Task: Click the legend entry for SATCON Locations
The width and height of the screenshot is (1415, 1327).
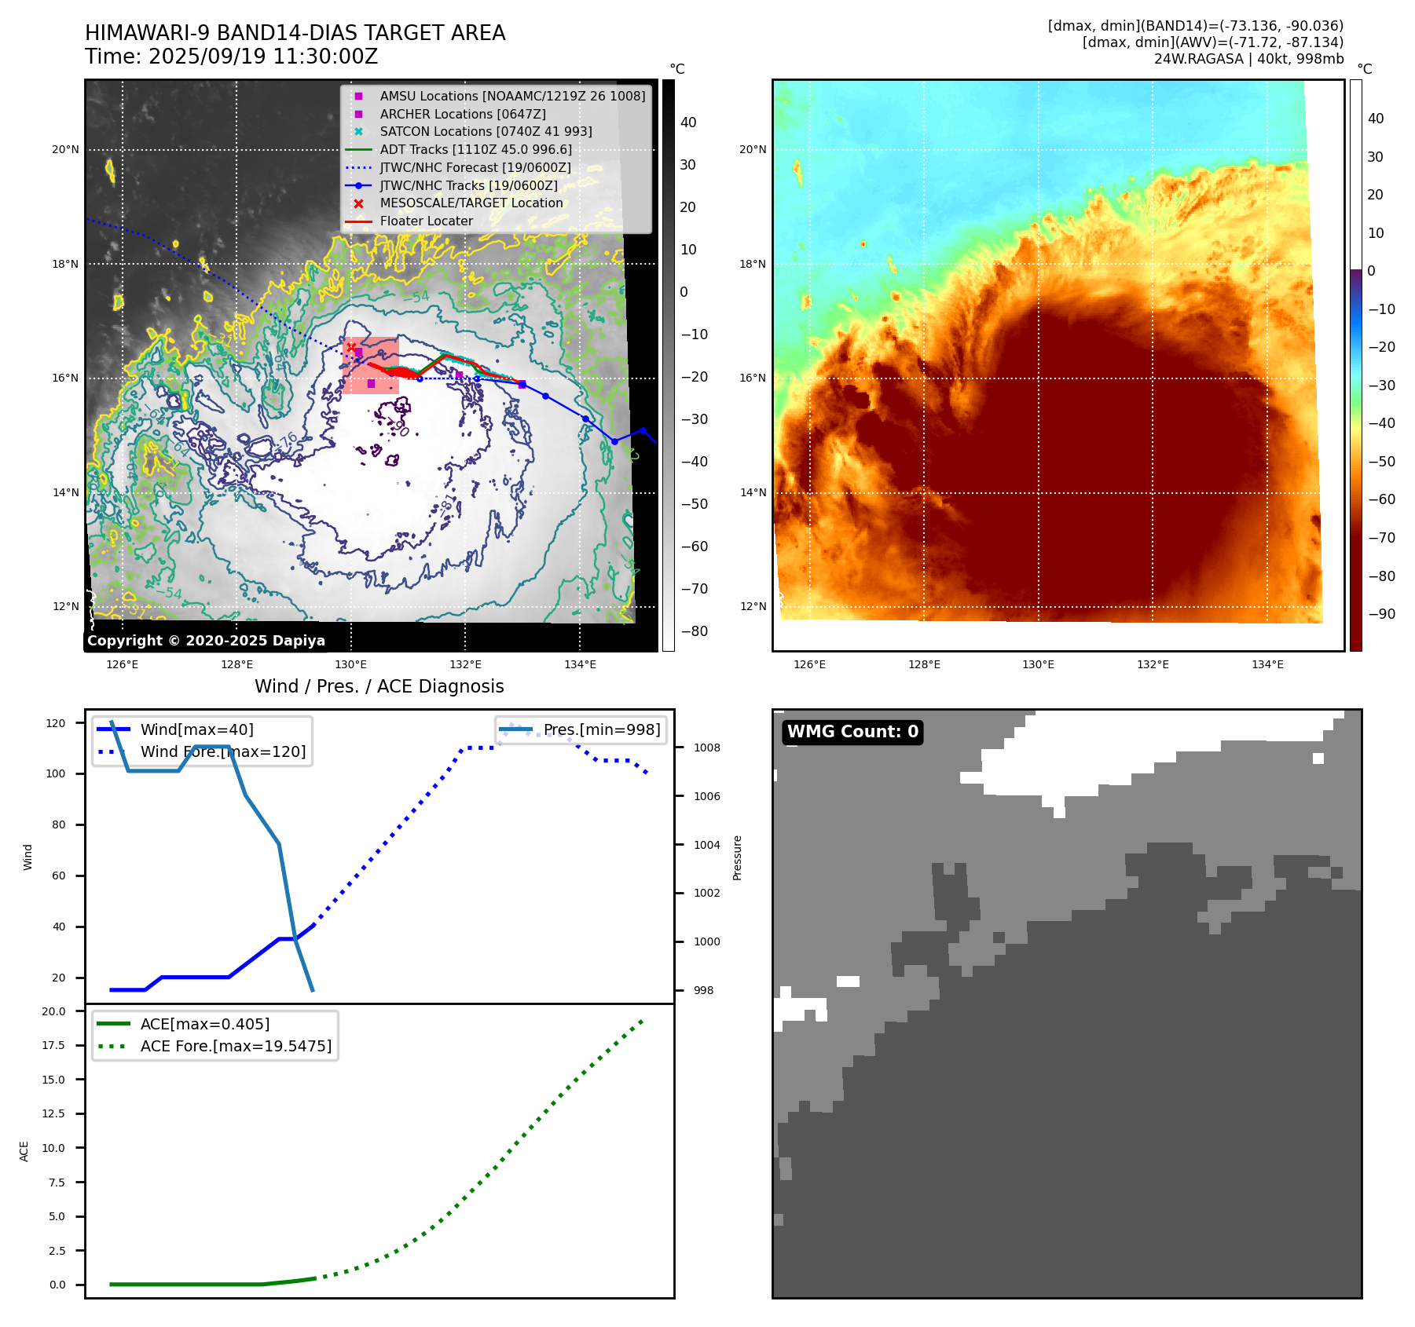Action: pos(486,132)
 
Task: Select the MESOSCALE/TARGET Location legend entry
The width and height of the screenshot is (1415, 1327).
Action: pos(471,203)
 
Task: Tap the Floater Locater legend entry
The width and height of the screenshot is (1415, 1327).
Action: pos(426,221)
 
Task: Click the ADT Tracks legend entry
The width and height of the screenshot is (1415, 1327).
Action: pos(475,150)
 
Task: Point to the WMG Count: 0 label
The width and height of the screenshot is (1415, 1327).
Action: pos(852,732)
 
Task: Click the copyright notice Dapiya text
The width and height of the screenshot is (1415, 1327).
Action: pos(206,641)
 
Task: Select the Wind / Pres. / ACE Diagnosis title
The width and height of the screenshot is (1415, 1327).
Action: pos(379,687)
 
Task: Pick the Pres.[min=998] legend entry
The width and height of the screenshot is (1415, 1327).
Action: pos(601,730)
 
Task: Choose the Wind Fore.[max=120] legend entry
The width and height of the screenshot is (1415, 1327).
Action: pos(223,752)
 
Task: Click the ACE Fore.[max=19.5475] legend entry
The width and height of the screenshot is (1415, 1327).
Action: pos(236,1047)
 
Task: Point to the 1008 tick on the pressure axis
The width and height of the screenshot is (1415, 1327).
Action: pos(706,748)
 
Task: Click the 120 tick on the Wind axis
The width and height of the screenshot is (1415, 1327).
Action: pos(56,723)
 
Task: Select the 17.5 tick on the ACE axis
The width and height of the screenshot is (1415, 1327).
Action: pos(53,1046)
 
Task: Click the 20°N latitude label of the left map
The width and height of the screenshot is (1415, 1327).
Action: pos(65,150)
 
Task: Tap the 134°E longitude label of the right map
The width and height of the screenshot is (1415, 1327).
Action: pos(1267,665)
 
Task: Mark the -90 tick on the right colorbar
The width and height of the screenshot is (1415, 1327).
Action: pos(1381,615)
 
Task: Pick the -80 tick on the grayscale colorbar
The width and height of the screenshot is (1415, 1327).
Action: pos(694,631)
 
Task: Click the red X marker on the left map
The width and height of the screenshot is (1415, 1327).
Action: pos(351,347)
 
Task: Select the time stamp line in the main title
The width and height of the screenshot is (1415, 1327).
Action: pos(232,57)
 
